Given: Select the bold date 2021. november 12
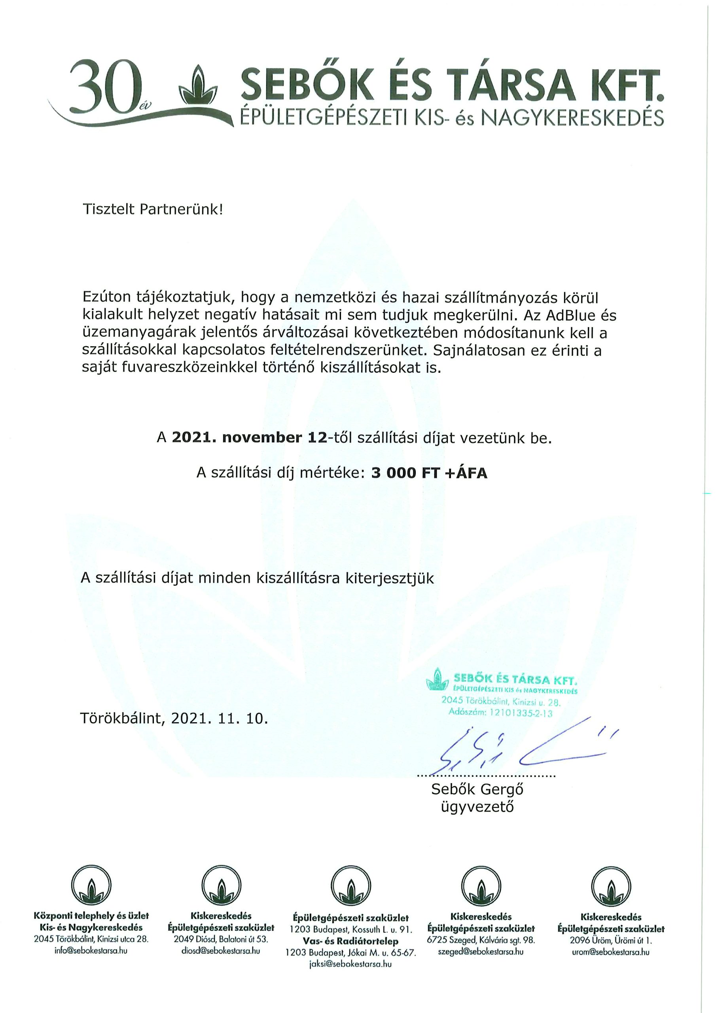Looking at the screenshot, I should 249,438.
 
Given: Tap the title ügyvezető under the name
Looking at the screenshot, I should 477,806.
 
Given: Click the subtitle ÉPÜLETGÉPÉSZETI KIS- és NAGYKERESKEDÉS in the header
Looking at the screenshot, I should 451,118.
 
